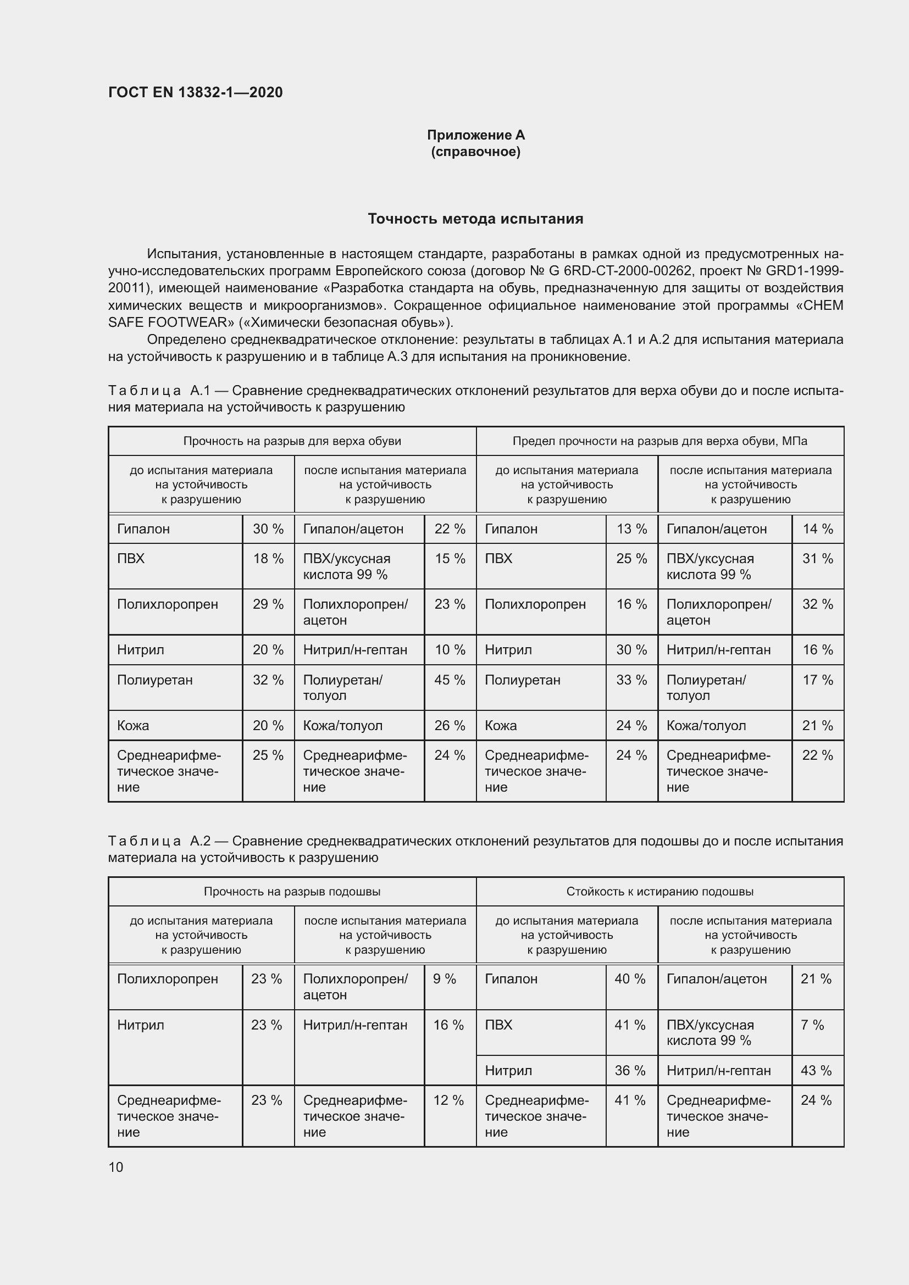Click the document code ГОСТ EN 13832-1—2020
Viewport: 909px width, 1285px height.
tap(195, 92)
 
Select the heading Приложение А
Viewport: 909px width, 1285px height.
tap(475, 135)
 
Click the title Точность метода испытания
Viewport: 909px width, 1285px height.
tap(475, 219)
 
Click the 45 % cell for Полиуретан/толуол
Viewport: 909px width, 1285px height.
tap(450, 680)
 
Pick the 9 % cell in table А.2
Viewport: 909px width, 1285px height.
tap(445, 979)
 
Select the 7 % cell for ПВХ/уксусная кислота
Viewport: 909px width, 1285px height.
tap(812, 1025)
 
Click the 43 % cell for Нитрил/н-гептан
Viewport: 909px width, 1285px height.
tap(816, 1070)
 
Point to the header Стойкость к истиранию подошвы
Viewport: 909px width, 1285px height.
tap(659, 892)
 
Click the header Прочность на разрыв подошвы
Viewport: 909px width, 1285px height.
tap(292, 892)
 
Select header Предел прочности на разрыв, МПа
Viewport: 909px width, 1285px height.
tap(659, 441)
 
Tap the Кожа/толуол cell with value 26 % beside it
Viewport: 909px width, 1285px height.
tap(342, 725)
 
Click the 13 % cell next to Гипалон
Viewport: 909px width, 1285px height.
tap(631, 529)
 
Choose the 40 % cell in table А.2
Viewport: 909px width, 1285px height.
tap(630, 979)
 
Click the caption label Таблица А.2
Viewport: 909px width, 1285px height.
tap(159, 841)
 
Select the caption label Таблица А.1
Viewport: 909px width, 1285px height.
tap(159, 390)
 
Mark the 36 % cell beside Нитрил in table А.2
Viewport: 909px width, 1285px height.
tap(630, 1070)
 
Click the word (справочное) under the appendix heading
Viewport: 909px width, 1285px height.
tap(475, 152)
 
